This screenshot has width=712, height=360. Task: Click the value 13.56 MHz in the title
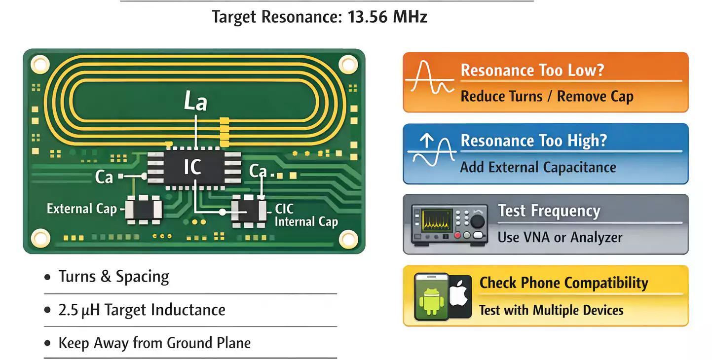[x=387, y=17]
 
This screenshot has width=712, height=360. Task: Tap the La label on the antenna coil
[x=195, y=101]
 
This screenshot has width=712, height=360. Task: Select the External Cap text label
[x=81, y=209]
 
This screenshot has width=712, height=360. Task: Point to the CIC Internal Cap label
[x=305, y=215]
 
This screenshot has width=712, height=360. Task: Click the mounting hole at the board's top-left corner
[x=40, y=64]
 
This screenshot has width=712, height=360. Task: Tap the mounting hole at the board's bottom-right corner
[x=348, y=239]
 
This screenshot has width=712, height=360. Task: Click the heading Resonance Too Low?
[x=532, y=70]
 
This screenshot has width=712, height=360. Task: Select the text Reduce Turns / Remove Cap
[x=547, y=96]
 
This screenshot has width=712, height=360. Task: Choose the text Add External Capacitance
[x=538, y=167]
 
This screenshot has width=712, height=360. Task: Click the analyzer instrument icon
[x=450, y=224]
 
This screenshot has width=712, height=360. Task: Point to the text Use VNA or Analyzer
[x=560, y=237]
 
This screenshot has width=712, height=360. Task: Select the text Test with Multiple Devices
[x=551, y=310]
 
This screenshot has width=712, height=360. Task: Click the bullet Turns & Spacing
[x=113, y=277]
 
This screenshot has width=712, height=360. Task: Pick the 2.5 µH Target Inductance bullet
[x=142, y=310]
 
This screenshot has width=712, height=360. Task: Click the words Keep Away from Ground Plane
[x=154, y=343]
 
